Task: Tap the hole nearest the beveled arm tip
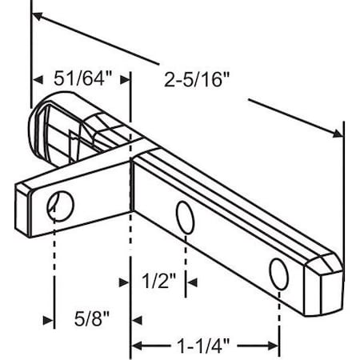278,273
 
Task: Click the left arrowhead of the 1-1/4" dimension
137,346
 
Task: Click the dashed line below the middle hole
186,256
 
